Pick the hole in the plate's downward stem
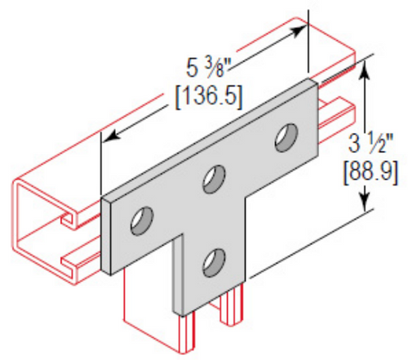coord(213,261)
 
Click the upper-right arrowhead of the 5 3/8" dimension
coord(301,29)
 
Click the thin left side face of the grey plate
coord(107,233)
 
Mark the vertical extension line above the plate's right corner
coord(309,41)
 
